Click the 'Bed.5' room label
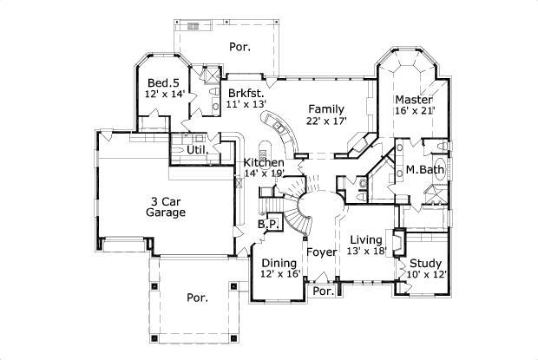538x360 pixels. (164, 82)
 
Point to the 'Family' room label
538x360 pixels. (326, 108)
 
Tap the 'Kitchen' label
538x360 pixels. (264, 162)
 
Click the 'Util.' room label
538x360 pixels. (197, 150)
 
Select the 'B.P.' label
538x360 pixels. (267, 224)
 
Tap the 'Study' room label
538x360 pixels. (426, 264)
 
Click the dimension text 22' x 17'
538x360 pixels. (326, 121)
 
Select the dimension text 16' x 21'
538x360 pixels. (414, 111)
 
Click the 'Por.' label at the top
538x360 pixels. (240, 47)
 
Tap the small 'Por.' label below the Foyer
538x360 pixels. (323, 291)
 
